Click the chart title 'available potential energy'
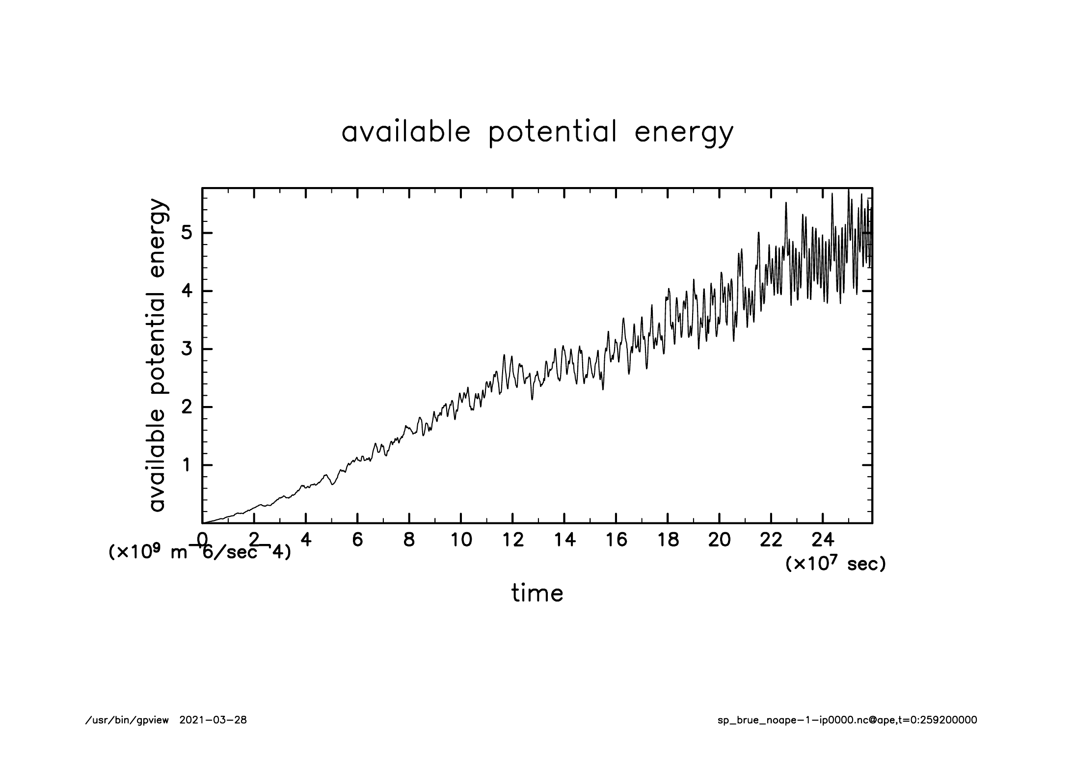[537, 133]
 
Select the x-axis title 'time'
[537, 594]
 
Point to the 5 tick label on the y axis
[186, 233]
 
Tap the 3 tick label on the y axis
[186, 349]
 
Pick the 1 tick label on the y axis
[187, 465]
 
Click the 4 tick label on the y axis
[186, 291]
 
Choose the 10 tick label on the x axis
[461, 540]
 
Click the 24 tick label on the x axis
[823, 540]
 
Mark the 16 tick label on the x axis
[616, 540]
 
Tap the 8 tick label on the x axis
[409, 540]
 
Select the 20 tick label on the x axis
[719, 540]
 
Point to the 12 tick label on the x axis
[512, 540]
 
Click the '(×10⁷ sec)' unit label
[835, 564]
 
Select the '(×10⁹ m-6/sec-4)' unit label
[199, 552]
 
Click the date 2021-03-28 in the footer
[213, 720]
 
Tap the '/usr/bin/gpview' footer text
[127, 720]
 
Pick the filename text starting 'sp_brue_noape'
[847, 720]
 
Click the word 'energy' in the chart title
[684, 133]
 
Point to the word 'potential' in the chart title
[552, 133]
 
